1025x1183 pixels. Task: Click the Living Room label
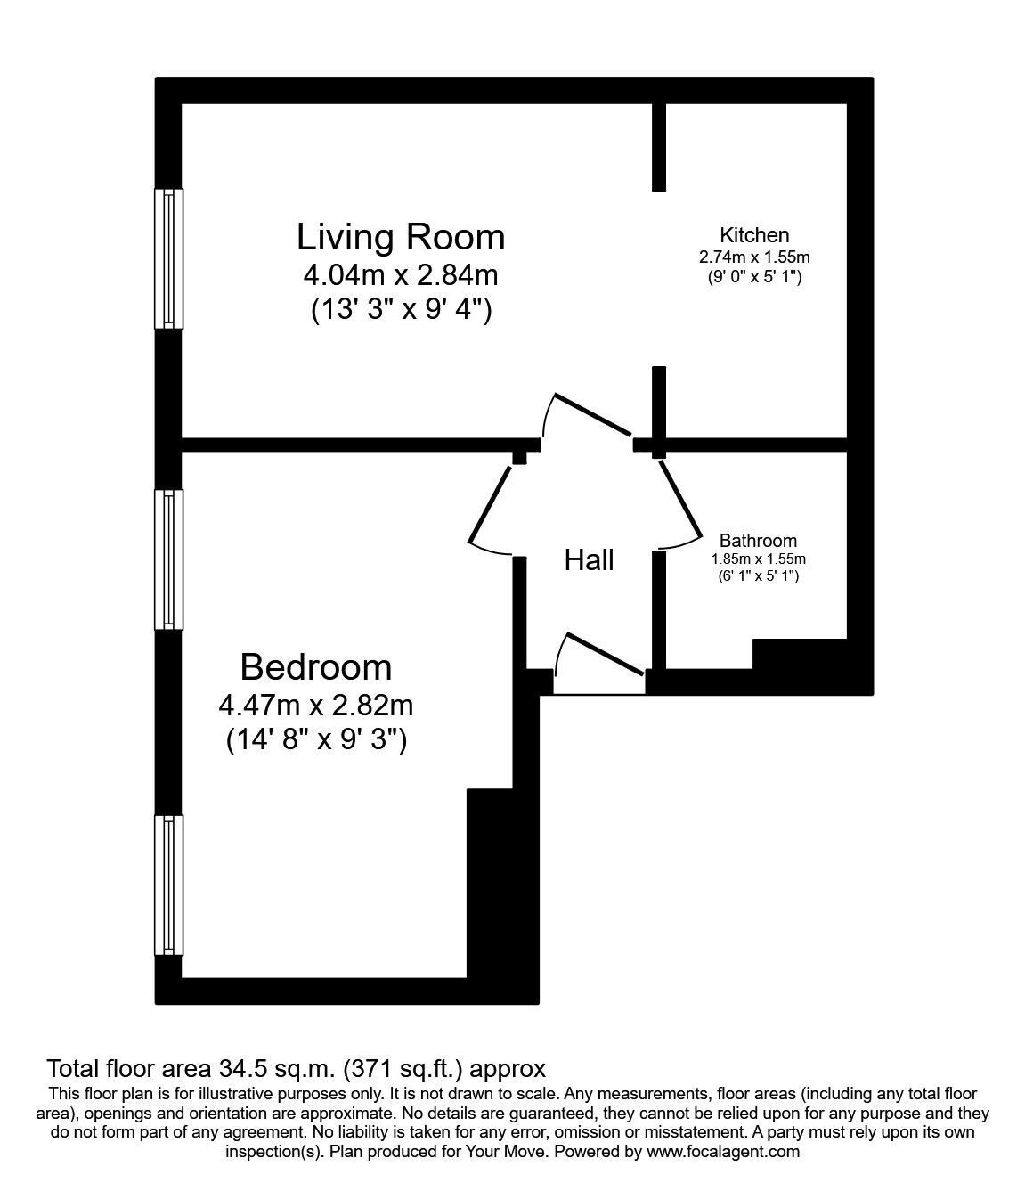pos(401,237)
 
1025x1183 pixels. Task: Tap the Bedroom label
pos(315,667)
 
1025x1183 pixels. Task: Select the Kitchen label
pos(754,235)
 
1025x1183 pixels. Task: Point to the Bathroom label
pos(758,541)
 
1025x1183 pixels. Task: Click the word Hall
pos(590,560)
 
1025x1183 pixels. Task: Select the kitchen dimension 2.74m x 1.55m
pos(754,257)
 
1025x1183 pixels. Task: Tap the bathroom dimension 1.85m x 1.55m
pos(758,559)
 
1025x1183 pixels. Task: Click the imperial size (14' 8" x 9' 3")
pos(315,739)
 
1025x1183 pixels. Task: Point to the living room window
pos(168,258)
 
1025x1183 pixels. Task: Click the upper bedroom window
pos(168,559)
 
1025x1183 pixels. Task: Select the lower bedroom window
pos(168,886)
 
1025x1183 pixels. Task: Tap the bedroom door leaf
pos(491,502)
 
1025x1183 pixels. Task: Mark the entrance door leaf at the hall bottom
pos(605,654)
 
